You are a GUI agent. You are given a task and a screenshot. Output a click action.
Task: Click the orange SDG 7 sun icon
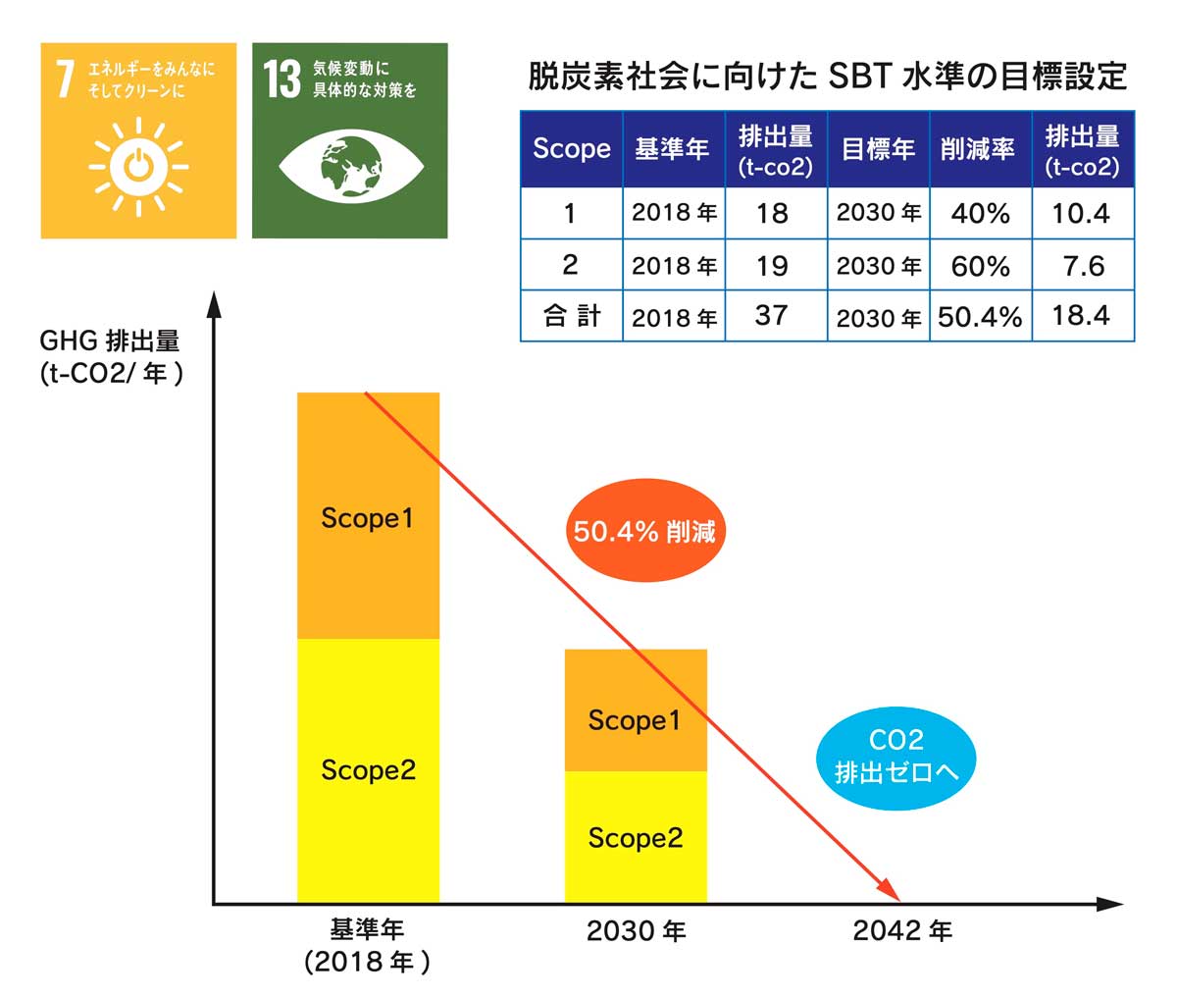pyautogui.click(x=138, y=167)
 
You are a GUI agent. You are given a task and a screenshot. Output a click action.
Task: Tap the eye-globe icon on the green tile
pyautogui.click(x=351, y=167)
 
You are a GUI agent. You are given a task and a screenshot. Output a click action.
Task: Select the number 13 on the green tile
pyautogui.click(x=281, y=79)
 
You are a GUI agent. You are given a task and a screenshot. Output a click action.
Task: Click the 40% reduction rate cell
pyautogui.click(x=981, y=214)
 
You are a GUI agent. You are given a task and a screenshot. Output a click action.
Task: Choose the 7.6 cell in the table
pyautogui.click(x=1083, y=266)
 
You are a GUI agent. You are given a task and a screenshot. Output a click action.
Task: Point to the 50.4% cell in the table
pyautogui.click(x=981, y=317)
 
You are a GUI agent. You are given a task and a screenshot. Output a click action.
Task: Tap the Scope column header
pyautogui.click(x=572, y=149)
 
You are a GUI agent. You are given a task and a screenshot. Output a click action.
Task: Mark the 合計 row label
pyautogui.click(x=572, y=316)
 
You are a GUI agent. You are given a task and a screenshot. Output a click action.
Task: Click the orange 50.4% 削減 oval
pyautogui.click(x=645, y=530)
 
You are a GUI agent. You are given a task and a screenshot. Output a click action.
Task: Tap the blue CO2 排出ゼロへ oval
pyautogui.click(x=896, y=759)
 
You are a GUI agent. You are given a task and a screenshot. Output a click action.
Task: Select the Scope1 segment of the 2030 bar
pyautogui.click(x=636, y=709)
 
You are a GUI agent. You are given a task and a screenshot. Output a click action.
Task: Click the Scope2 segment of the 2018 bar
pyautogui.click(x=368, y=770)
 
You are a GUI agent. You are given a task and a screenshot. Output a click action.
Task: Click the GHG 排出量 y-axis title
pyautogui.click(x=110, y=341)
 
